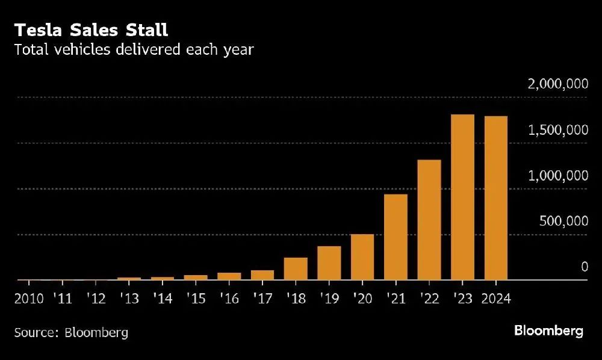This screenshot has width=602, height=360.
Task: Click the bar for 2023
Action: pos(462,197)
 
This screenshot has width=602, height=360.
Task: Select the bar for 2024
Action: pos(496,199)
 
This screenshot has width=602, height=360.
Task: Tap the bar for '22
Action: pos(429,220)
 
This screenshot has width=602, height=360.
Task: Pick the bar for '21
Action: pos(396,237)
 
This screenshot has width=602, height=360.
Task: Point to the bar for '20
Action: pos(362,257)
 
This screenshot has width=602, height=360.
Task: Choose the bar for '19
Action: pos(329,263)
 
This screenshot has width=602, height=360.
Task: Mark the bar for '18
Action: pos(296,269)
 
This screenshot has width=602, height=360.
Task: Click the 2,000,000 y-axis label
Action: pos(557,84)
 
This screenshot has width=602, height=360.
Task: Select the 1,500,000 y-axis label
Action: pos(557,130)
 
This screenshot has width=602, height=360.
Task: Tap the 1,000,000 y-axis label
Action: pos(557,176)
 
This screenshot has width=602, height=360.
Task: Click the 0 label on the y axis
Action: pos(583,267)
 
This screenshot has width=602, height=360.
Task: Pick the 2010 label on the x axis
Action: pos(28,299)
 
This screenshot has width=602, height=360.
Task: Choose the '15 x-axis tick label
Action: pos(196,299)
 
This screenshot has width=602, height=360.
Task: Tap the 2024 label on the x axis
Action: pos(496,299)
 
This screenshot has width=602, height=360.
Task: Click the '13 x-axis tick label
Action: pos(129,299)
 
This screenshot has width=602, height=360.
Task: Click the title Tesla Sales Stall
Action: pos(91,29)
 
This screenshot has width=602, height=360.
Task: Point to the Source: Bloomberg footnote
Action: pos(71,332)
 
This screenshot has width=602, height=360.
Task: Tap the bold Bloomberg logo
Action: pos(548,331)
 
